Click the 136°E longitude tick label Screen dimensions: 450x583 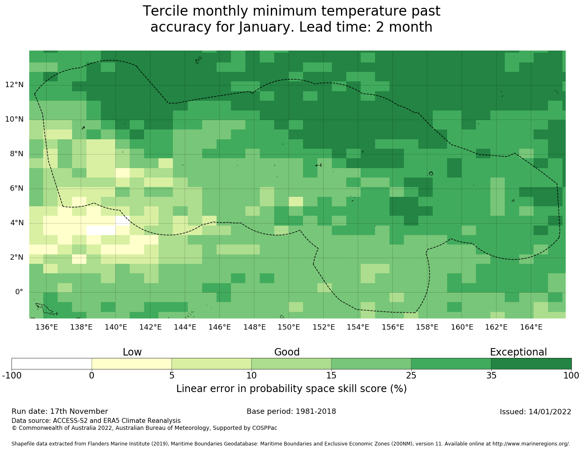click(46, 327)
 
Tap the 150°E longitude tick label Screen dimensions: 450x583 click(289, 327)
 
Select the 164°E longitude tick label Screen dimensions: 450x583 click(531, 327)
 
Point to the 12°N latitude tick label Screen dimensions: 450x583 click(14, 85)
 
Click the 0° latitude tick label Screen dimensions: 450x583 click(19, 292)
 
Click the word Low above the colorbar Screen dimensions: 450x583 click(132, 352)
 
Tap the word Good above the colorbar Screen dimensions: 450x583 click(287, 352)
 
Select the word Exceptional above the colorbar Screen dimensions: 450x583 click(518, 352)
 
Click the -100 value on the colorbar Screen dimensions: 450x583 click(12, 375)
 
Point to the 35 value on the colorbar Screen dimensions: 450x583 click(491, 375)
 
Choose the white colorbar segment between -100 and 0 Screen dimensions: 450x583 click(51, 364)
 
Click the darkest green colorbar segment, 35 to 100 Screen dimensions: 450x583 click(531, 364)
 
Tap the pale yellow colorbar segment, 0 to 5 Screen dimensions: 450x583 click(131, 364)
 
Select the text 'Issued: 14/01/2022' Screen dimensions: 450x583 click(535, 412)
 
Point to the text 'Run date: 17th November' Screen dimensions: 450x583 click(60, 411)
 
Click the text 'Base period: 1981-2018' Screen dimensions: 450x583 click(291, 411)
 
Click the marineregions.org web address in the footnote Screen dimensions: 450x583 click(531, 444)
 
